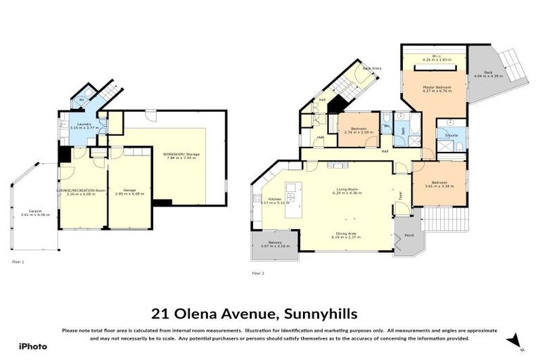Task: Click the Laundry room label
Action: pos(84,126)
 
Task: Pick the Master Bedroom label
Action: pos(435,89)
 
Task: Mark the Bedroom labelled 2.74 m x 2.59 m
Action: pos(359,130)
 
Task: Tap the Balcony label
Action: pos(274,244)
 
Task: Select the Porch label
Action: pos(406,237)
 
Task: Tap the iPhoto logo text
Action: pos(32,347)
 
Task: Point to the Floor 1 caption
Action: pos(18,262)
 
